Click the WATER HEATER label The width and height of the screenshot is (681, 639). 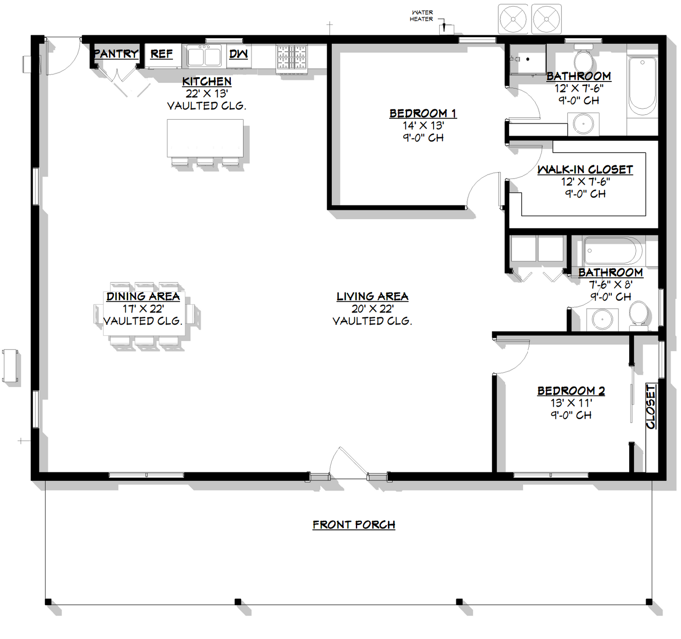421,16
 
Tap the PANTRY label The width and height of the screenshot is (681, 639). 116,54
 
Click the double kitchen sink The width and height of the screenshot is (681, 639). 204,57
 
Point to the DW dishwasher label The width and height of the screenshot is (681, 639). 238,54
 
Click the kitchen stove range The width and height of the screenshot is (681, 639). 292,57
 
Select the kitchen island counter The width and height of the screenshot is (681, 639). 205,138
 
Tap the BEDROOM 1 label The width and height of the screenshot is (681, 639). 423,113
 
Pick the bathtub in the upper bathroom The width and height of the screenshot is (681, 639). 642,86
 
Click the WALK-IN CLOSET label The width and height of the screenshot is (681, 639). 585,170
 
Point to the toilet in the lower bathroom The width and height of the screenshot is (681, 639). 639,313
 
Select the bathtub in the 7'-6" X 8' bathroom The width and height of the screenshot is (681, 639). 612,251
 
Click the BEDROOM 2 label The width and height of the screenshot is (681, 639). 571,391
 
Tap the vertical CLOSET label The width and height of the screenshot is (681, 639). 651,406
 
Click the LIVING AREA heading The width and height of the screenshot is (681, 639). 372,297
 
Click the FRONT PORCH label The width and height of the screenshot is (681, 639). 353,525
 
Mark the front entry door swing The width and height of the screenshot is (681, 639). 346,464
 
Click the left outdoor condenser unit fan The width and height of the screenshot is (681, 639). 513,20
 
